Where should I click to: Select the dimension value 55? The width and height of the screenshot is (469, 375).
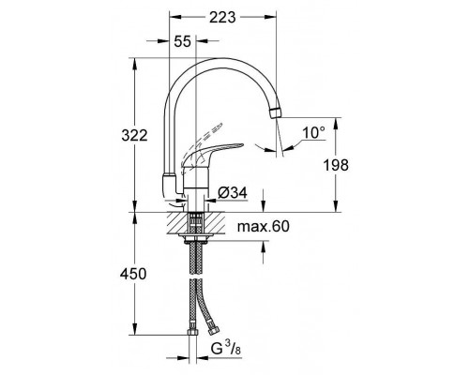click(183, 41)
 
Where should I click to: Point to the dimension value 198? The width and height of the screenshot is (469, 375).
click(356, 165)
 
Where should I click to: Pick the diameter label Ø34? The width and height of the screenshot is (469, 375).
click(233, 193)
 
